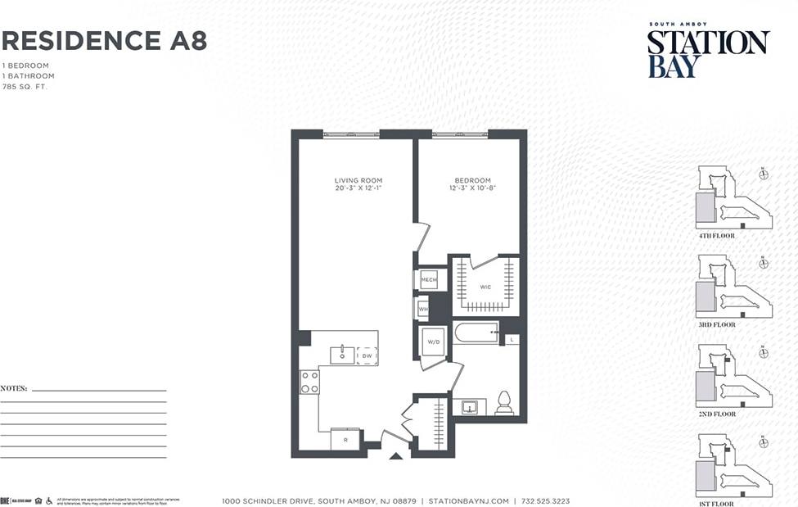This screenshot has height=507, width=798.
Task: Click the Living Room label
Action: (x=358, y=180)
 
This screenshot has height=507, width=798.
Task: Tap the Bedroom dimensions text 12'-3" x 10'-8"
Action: (x=472, y=188)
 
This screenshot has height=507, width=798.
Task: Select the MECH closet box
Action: (x=429, y=280)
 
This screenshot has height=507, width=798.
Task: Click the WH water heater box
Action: (x=423, y=310)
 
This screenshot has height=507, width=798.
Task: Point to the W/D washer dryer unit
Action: (x=433, y=342)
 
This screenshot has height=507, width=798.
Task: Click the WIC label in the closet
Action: (x=485, y=287)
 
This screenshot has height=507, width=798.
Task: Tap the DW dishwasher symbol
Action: (x=367, y=356)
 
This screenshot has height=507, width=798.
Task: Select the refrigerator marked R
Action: (x=345, y=440)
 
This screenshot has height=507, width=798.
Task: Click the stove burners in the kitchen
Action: (x=309, y=382)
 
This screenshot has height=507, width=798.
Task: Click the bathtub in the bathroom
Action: (x=476, y=333)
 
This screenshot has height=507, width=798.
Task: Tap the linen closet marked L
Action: (x=512, y=339)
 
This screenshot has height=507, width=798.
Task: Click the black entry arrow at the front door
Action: (x=396, y=455)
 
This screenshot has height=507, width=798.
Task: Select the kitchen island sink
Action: (x=341, y=355)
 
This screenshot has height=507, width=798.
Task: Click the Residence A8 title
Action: (x=104, y=40)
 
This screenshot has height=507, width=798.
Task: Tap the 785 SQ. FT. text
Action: (x=25, y=86)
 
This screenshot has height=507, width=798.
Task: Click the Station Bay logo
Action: (x=707, y=51)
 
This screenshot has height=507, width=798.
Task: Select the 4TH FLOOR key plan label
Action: (x=716, y=236)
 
